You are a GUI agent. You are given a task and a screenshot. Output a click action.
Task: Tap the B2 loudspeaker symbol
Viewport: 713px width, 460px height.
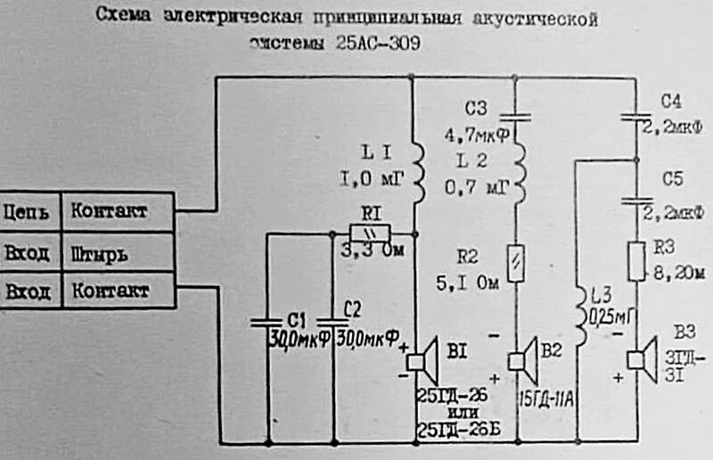point(522,360)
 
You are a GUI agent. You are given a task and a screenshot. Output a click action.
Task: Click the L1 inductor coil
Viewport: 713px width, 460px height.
point(415,169)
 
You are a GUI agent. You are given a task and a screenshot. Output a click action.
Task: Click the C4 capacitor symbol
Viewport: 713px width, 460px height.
point(635,115)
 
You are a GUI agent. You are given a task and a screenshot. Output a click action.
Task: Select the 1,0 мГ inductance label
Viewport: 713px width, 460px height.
point(373,180)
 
